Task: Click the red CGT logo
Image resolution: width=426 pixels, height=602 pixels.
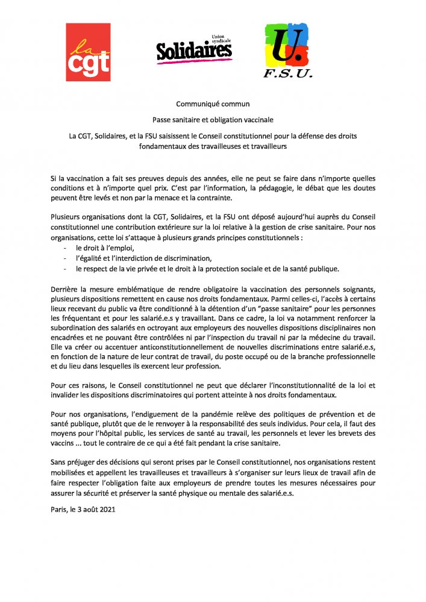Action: click(x=88, y=52)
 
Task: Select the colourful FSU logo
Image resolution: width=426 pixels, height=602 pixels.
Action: click(x=287, y=51)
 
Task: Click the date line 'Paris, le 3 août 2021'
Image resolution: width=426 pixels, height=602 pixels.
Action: click(x=83, y=509)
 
